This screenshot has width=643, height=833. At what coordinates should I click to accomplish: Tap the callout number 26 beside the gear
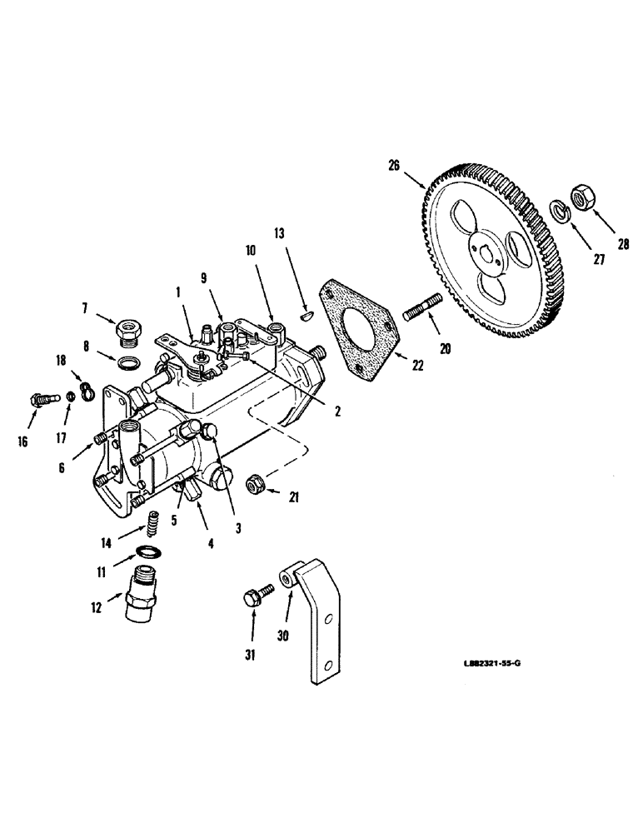[393, 166]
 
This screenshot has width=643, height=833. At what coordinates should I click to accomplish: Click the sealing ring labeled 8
[129, 363]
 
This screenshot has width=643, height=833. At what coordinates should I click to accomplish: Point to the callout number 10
[251, 249]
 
